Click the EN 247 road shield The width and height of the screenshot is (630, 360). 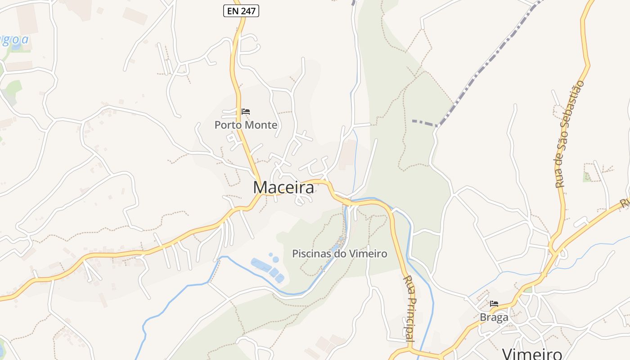coord(241,11)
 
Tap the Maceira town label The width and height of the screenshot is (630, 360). coord(283,188)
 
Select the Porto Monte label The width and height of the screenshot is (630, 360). coord(246,125)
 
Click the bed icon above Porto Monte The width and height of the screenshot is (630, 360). coord(245,112)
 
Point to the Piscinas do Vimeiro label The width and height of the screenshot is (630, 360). coord(340,254)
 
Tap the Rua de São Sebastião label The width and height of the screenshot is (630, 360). coord(570,134)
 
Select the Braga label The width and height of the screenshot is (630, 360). coord(494,317)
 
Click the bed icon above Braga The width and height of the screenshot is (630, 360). coord(494,304)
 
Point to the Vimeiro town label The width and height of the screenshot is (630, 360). coord(532,354)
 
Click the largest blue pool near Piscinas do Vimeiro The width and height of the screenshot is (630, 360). coord(261,265)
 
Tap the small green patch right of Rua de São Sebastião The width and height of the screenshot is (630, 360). coord(587,177)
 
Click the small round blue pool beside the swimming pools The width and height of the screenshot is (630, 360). coord(275,260)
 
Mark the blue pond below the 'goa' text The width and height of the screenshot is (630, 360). coord(17,47)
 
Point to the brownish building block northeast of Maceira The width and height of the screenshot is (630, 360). coord(347,153)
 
